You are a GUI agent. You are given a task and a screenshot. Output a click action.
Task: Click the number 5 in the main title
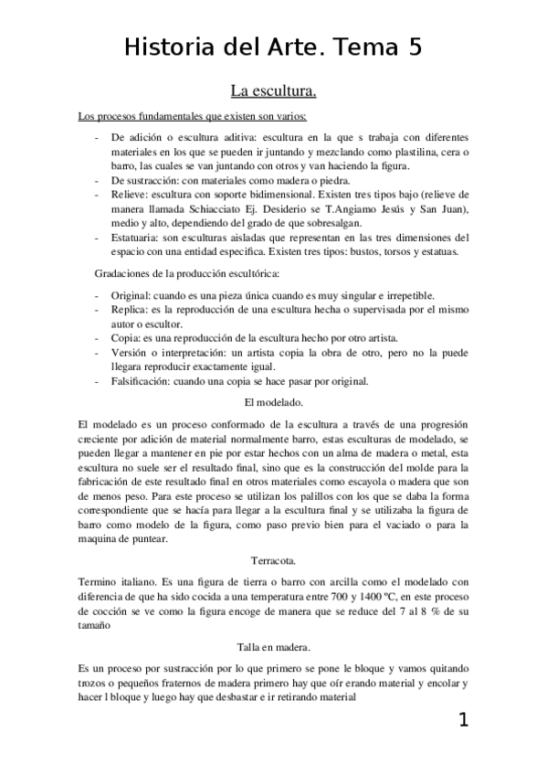[415, 48]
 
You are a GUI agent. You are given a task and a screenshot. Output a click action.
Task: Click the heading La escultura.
[273, 91]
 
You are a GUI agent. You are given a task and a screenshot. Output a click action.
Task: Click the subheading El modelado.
[273, 402]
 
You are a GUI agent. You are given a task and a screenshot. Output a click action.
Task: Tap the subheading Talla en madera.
[273, 646]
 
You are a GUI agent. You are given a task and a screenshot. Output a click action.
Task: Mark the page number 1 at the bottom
[463, 720]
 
